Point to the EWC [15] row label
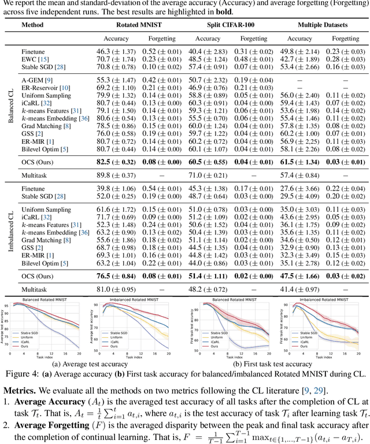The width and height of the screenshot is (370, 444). pyautogui.click(x=35, y=59)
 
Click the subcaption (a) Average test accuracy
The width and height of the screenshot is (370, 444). pyautogui.click(x=89, y=365)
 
